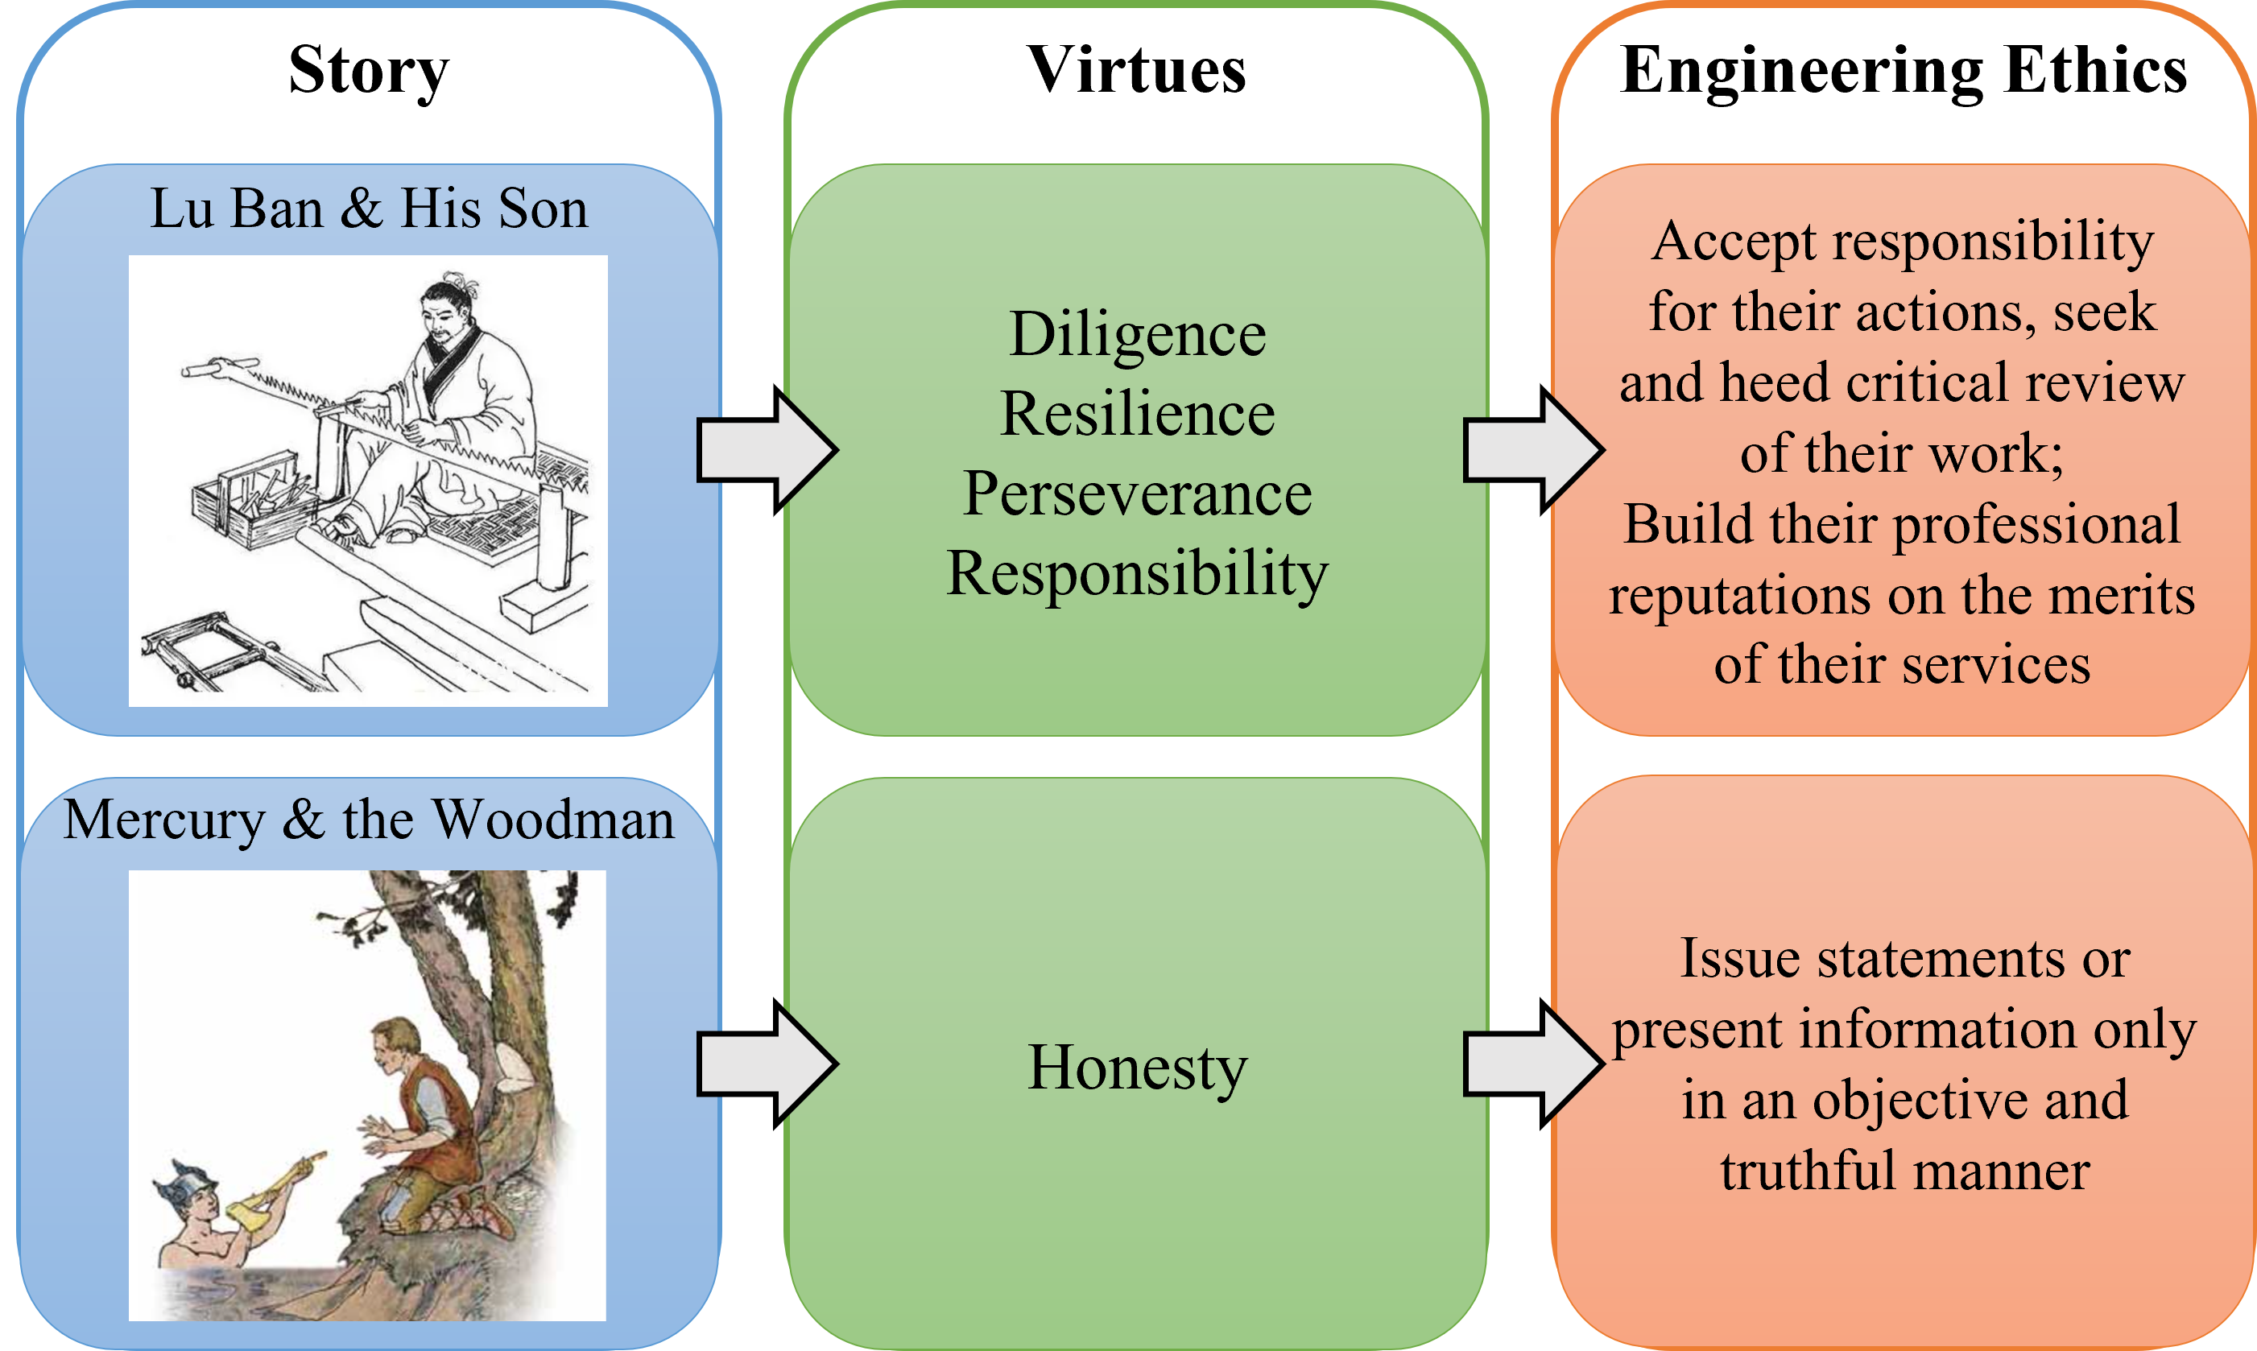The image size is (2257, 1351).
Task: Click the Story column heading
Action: tap(369, 71)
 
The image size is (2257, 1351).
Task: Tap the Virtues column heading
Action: tap(1136, 71)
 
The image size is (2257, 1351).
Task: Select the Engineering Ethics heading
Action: tap(1903, 71)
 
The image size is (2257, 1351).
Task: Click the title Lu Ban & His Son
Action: tap(369, 209)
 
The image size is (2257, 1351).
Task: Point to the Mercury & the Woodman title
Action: tap(369, 820)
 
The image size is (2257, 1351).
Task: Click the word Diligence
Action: tap(1137, 334)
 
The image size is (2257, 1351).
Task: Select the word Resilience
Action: tap(1137, 414)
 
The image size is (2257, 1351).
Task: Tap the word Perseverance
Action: tap(1137, 494)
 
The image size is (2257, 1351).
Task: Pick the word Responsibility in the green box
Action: tap(1137, 574)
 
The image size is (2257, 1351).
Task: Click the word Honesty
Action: tap(1137, 1067)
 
